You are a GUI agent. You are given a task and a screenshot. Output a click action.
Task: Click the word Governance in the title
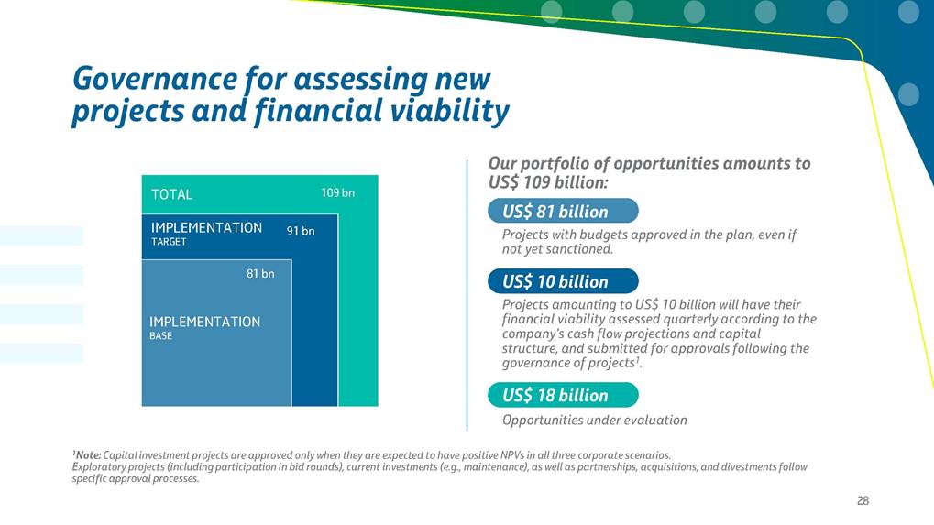tap(155, 80)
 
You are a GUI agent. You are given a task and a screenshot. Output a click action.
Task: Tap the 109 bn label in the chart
tap(337, 192)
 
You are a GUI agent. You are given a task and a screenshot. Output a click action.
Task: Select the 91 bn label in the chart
tap(301, 231)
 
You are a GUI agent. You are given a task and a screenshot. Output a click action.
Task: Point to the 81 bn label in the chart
tap(260, 274)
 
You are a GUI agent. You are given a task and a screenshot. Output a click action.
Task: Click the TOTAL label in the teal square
tap(171, 194)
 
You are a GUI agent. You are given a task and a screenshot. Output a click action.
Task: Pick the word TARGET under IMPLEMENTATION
tap(169, 242)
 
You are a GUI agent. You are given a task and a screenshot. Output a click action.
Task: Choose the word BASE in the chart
tap(160, 335)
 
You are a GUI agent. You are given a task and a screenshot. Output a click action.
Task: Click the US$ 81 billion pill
tap(563, 212)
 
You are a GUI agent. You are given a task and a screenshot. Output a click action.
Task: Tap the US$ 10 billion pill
tap(563, 281)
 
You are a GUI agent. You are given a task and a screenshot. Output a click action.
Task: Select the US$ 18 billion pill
tap(563, 395)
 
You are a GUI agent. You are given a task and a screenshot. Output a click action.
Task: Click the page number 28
tap(863, 500)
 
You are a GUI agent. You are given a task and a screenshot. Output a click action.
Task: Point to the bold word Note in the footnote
tap(88, 455)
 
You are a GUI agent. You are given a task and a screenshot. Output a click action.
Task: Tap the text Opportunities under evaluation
tap(595, 421)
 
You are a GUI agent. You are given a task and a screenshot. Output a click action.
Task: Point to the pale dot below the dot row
tap(908, 95)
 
